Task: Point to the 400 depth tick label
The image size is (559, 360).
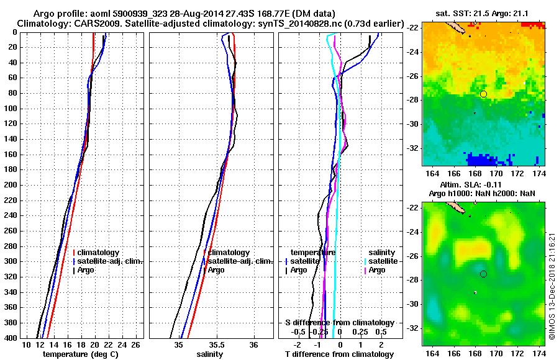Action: [11, 338]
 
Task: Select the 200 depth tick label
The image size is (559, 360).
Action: [11, 185]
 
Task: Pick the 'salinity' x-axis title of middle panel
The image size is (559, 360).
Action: [210, 354]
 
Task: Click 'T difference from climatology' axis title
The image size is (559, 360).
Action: [339, 354]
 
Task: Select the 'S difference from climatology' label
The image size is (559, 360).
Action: [339, 323]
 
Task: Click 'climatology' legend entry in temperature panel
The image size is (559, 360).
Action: [99, 253]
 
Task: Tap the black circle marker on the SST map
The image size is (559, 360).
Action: [484, 94]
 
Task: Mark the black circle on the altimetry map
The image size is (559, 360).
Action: [484, 274]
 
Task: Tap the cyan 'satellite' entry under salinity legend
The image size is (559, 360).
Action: [380, 261]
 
